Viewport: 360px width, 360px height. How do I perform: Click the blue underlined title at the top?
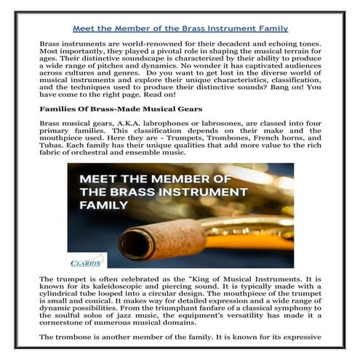coord(180,28)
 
